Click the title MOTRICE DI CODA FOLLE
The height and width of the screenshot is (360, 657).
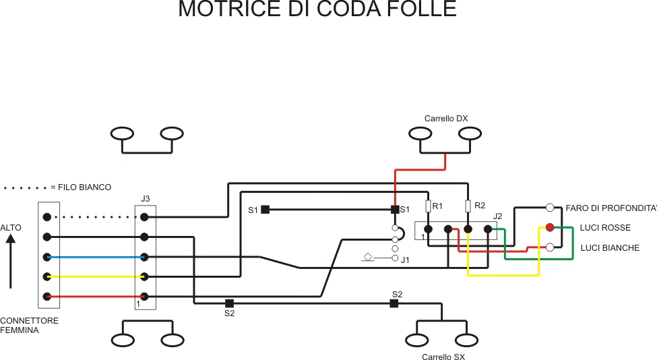coord(317,9)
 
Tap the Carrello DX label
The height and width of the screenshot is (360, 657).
coord(445,119)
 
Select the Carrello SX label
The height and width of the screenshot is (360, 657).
coord(443,357)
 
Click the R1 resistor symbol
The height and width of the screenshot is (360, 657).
coord(428,206)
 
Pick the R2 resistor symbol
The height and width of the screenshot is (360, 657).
coord(468,206)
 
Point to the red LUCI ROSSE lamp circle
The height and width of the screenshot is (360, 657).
coord(550,228)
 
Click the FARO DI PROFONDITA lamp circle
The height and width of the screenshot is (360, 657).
coord(550,208)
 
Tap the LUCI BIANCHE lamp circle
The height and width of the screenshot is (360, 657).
coord(550,247)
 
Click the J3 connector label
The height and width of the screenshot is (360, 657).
coord(146,199)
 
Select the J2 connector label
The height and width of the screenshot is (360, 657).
coord(498,216)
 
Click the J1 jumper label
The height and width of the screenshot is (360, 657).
coord(405,260)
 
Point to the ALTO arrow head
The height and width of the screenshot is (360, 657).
coord(11,239)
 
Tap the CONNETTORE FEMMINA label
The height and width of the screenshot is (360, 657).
coord(29,326)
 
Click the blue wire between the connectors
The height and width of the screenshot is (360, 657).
coord(94,257)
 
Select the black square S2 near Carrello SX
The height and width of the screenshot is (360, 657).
coord(394,303)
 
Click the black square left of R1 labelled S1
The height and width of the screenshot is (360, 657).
coord(395,210)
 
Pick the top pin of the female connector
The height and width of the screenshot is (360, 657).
coord(46,217)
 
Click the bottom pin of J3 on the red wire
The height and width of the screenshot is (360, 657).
coord(144,297)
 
